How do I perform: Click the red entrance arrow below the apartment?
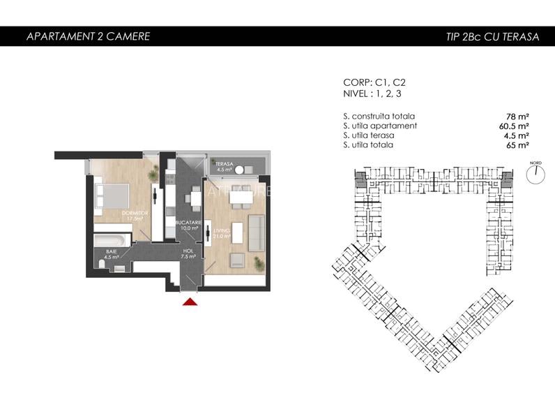[x=189, y=302]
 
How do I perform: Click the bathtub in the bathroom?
[x=112, y=239]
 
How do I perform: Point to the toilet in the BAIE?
[x=120, y=267]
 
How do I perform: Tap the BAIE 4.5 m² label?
[x=112, y=254]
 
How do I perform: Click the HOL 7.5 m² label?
[x=188, y=253]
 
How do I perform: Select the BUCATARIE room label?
[x=189, y=225]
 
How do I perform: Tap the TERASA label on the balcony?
[x=224, y=165]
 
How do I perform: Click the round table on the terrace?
[x=241, y=170]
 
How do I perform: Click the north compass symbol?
[x=535, y=174]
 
